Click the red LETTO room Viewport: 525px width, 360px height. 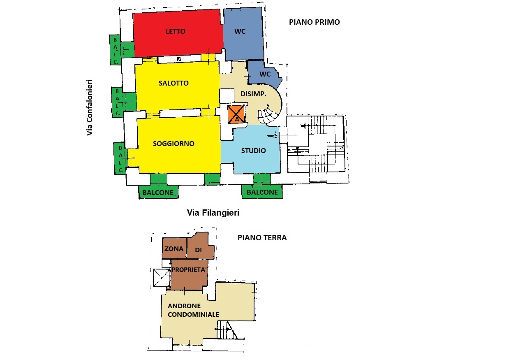(178, 33)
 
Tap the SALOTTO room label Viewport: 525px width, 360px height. (173, 83)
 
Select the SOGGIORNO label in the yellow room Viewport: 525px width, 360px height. (173, 144)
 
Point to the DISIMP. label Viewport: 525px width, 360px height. (253, 94)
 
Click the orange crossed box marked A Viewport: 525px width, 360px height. (236, 114)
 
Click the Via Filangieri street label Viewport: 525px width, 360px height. (213, 213)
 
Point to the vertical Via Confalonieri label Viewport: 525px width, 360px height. (90, 107)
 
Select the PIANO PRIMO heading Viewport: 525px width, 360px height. (314, 22)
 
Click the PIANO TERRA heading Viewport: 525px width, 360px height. (262, 237)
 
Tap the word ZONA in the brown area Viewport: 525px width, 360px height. (173, 249)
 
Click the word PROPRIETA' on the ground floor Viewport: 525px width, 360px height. (189, 270)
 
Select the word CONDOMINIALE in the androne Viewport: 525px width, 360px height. (193, 314)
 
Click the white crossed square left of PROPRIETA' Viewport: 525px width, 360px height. (162, 278)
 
